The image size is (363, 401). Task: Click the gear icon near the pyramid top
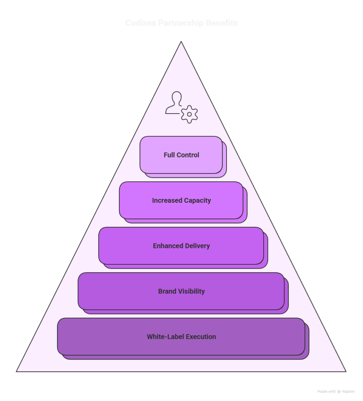click(189, 114)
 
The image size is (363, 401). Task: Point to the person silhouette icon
click(174, 103)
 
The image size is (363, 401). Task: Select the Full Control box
click(181, 155)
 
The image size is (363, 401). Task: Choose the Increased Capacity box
click(181, 200)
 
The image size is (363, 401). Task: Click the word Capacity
click(198, 200)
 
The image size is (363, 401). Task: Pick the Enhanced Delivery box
click(181, 246)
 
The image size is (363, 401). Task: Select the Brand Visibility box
click(181, 291)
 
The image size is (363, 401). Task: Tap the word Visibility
click(192, 291)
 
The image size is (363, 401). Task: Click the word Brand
click(167, 291)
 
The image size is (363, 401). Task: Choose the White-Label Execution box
click(181, 337)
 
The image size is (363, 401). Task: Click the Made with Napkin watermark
click(336, 391)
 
